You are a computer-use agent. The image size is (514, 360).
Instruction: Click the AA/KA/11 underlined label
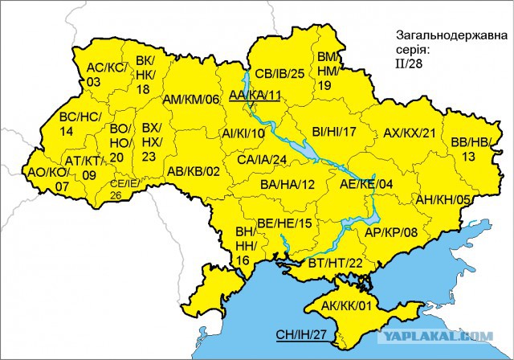pos(255,96)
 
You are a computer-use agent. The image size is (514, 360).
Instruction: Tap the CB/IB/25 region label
pos(279,74)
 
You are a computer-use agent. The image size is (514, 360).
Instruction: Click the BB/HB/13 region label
pos(471,149)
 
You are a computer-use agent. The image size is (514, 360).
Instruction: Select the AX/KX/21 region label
pos(409,133)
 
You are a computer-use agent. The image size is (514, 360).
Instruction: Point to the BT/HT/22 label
pos(336,263)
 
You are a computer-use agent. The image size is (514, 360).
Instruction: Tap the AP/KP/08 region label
pos(391,232)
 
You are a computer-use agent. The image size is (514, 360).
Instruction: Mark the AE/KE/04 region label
pos(366,184)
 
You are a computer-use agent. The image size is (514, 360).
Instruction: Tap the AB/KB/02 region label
pos(193,171)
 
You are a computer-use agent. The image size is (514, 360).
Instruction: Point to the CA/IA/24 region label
pos(262,159)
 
